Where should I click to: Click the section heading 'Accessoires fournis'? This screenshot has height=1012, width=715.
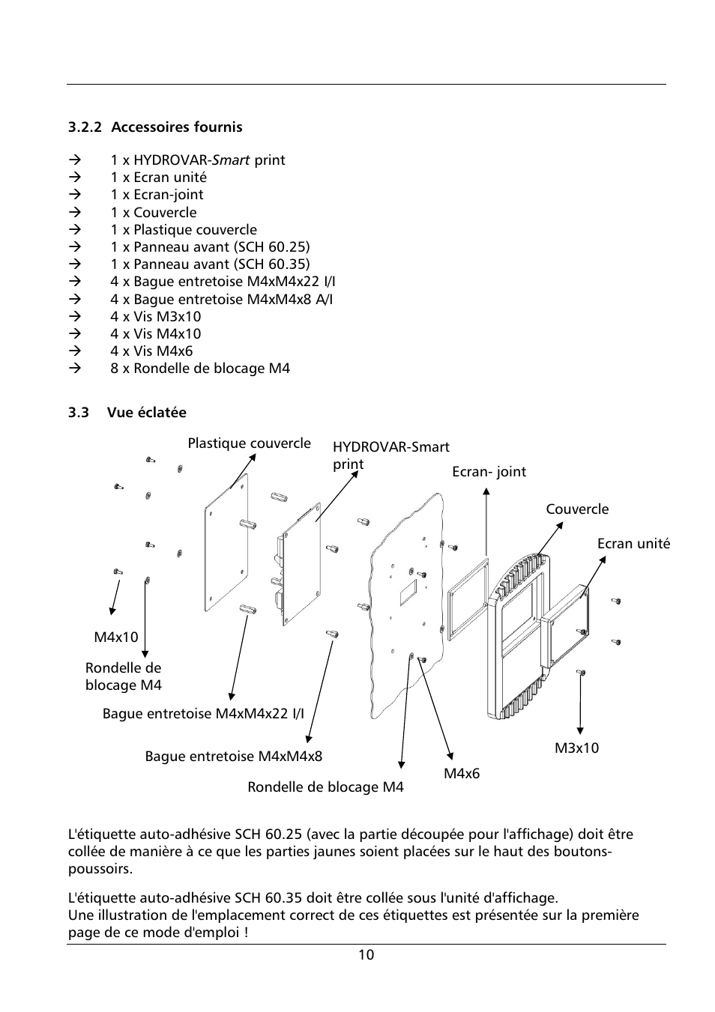(176, 127)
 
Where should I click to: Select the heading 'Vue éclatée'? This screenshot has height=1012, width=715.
(146, 413)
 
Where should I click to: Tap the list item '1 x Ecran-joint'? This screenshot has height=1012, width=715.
(157, 195)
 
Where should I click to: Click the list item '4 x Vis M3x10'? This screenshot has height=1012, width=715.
(155, 317)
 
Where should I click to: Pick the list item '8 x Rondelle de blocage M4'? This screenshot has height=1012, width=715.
(199, 369)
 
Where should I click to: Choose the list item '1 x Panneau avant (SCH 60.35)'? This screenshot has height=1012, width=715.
(210, 264)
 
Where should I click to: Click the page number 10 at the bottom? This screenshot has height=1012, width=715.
(366, 955)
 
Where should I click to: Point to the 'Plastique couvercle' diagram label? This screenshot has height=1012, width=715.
(249, 443)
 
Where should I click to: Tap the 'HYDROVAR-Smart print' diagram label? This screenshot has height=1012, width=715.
(390, 455)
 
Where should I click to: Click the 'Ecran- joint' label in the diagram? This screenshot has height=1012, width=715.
(489, 472)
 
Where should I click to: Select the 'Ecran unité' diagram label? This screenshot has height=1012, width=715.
(633, 544)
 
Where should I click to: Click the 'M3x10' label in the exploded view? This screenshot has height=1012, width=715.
(576, 748)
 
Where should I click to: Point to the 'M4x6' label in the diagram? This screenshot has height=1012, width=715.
(461, 774)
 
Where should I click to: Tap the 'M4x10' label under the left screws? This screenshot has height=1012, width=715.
(116, 637)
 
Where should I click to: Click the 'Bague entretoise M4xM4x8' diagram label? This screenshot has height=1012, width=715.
(233, 757)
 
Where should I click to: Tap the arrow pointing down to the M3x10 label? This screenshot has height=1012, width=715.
(580, 704)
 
